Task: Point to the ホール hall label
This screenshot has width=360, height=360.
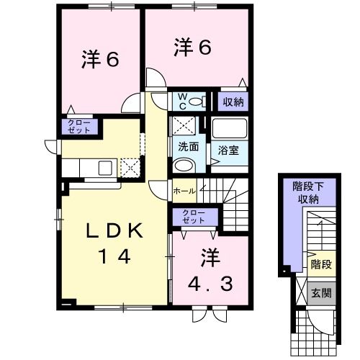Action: (184, 191)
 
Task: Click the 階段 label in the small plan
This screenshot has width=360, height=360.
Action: (322, 264)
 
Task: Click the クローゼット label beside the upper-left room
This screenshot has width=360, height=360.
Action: (79, 127)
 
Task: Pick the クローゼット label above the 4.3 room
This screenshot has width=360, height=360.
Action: (192, 217)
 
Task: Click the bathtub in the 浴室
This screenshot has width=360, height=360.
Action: (230, 130)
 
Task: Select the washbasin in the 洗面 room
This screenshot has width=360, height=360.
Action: (184, 164)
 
